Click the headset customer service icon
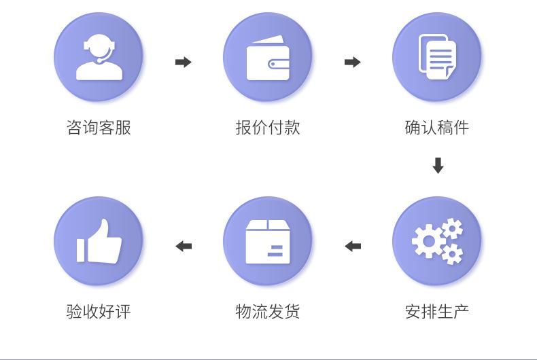coord(99,57)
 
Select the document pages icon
coord(437,57)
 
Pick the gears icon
coord(437,241)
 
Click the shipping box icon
coord(268,241)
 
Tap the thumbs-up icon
coord(99,241)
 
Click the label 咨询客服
coord(99,127)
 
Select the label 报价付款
coord(268,127)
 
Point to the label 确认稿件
coord(437,127)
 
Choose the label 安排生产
coord(437,312)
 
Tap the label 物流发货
coord(268,312)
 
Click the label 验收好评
coord(99,312)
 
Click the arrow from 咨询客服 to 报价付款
coord(184,62)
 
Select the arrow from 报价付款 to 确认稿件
coord(353,62)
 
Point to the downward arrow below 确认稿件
coord(438,166)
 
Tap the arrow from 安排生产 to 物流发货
coord(353,246)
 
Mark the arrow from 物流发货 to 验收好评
coord(184,246)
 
